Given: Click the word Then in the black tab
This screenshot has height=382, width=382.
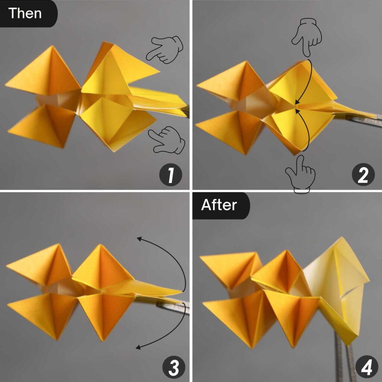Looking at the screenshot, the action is coord(25,13).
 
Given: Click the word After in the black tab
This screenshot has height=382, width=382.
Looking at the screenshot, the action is coord(219,205).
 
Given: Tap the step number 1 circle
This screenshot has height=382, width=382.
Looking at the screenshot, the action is coord(170,175).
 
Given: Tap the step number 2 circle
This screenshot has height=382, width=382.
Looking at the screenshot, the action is coord(363,175).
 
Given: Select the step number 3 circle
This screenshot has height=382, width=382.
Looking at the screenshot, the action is coord(174,367).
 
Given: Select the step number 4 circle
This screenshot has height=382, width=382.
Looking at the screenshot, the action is coord(367,367).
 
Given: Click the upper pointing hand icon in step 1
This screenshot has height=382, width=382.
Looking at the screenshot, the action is coord(165,50).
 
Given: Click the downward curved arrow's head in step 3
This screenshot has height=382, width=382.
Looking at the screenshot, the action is coord(138,347).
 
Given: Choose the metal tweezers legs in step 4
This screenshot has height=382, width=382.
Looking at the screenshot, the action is coord(344,358).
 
